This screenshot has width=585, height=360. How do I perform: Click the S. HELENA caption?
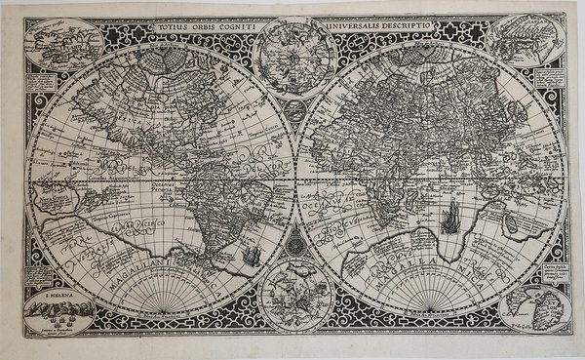point(61,289)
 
